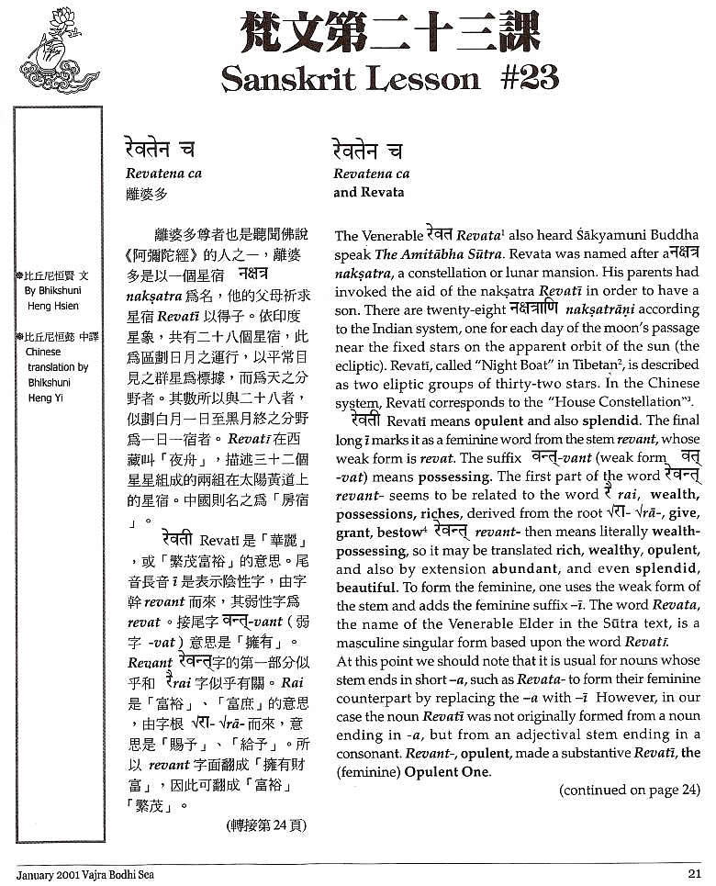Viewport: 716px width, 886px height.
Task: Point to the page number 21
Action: tap(695, 873)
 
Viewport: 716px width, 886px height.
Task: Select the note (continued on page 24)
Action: tap(630, 790)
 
